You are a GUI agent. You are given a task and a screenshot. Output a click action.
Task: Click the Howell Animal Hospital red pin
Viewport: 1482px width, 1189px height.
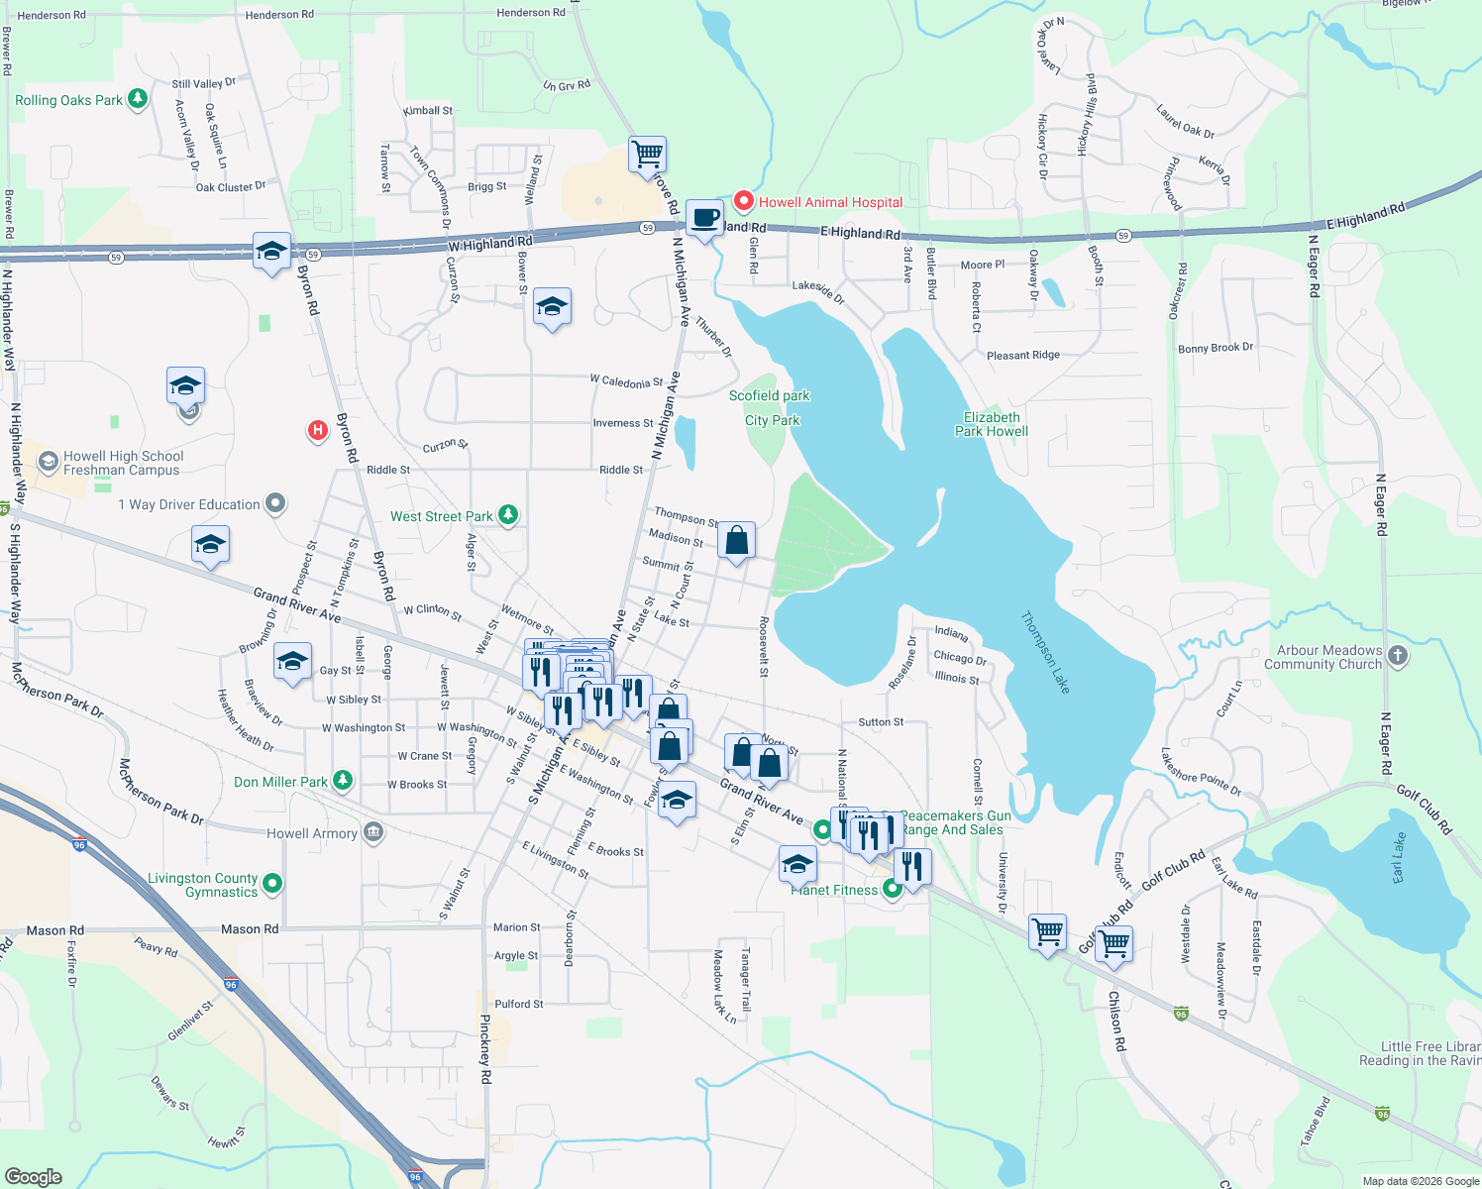coord(743,201)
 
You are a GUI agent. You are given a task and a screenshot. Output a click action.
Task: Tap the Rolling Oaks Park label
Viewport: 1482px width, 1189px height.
coord(68,100)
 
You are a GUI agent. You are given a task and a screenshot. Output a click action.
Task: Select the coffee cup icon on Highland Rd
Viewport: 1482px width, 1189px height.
coord(705,218)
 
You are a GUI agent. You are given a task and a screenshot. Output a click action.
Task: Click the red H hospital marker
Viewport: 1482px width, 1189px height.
coord(318,430)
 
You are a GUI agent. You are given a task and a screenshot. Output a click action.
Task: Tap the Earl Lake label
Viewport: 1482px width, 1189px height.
coord(1399,858)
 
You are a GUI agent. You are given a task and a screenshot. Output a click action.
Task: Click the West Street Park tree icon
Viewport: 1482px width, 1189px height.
coord(508,514)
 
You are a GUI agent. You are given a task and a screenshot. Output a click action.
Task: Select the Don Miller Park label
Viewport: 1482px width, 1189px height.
coord(280,782)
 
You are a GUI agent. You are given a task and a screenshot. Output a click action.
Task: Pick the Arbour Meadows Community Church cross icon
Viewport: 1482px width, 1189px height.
coord(1398,655)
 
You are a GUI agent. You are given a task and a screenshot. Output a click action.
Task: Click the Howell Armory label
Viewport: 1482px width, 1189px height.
coord(312,833)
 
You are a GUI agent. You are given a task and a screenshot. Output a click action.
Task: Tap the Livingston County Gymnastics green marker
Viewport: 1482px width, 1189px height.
coord(273,882)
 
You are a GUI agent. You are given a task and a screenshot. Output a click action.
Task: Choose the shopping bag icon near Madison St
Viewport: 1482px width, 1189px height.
coord(736,541)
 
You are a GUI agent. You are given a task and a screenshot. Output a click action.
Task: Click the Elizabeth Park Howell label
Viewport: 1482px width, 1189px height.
coord(992,424)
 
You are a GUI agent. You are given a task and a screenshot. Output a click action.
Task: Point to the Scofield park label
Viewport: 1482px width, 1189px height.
coord(770,395)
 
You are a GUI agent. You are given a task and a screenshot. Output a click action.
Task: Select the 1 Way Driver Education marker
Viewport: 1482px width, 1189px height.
coord(276,503)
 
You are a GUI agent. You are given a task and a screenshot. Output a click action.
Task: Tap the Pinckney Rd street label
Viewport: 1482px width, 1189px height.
coord(485,1049)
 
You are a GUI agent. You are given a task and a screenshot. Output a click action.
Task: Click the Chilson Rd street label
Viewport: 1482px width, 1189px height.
coord(1116,1021)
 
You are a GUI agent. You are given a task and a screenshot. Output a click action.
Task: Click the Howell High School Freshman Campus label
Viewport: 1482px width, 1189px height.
coord(123,463)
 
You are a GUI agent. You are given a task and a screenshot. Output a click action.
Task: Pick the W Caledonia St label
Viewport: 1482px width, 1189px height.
coord(626,380)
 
